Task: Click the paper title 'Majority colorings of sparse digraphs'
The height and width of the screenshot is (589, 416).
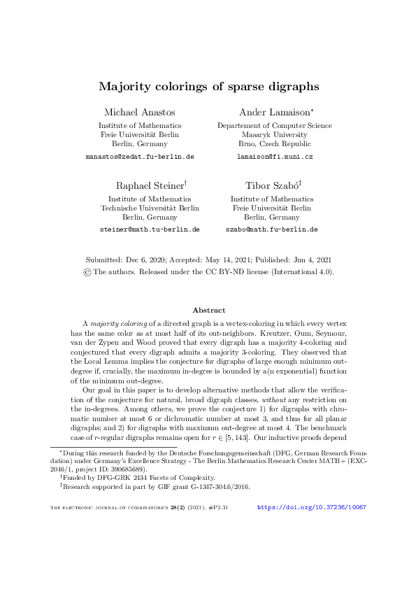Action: (x=208, y=87)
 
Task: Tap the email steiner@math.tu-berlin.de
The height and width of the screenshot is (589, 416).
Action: (x=150, y=229)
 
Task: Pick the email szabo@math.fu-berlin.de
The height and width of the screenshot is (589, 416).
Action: (x=271, y=229)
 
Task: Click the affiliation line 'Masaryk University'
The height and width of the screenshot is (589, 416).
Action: (x=274, y=134)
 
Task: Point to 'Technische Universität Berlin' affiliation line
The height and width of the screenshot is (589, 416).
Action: (x=150, y=208)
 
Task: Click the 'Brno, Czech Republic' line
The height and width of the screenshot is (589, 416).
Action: (x=275, y=143)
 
